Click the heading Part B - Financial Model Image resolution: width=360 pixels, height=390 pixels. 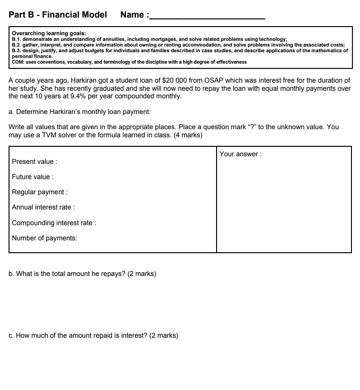pyautogui.click(x=57, y=15)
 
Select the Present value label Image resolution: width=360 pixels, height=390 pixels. pyautogui.click(x=35, y=162)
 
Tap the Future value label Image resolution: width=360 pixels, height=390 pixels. pyautogui.click(x=33, y=177)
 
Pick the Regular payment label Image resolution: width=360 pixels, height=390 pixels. pyautogui.click(x=40, y=192)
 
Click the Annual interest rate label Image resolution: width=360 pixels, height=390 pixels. pyautogui.click(x=43, y=207)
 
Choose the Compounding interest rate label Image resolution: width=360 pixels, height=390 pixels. pyautogui.click(x=54, y=223)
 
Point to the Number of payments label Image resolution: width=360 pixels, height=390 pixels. pyautogui.click(x=44, y=238)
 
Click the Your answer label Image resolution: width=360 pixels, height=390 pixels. pyautogui.click(x=240, y=154)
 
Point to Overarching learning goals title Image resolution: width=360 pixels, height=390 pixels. pyautogui.click(x=48, y=33)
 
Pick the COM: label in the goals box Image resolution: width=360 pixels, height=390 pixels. pyautogui.click(x=19, y=62)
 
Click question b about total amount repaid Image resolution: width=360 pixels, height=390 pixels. pyautogui.click(x=82, y=274)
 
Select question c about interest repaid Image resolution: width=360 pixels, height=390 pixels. pyautogui.click(x=93, y=335)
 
